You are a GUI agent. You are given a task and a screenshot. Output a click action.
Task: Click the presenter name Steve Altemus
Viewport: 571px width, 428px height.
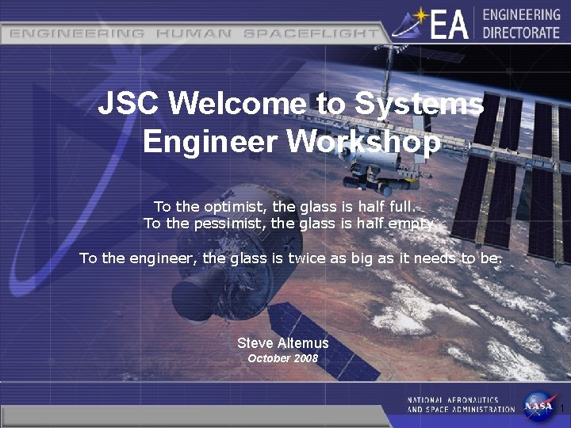282,343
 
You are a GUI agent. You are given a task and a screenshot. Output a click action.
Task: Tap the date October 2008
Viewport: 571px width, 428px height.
282,358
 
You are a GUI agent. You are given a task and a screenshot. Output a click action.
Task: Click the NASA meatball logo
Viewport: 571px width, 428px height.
539,404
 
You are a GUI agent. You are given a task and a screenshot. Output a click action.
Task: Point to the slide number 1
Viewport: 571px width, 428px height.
561,409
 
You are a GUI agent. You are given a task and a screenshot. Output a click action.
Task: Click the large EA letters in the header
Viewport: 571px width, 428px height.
450,24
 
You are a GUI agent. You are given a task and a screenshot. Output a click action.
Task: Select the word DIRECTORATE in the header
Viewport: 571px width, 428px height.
521,32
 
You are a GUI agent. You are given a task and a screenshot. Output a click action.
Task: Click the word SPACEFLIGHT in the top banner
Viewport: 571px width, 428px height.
311,34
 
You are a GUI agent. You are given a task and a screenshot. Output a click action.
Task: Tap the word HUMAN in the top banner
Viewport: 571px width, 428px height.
194,34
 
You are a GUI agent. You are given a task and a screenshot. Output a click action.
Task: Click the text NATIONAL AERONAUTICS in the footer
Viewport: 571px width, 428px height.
453,400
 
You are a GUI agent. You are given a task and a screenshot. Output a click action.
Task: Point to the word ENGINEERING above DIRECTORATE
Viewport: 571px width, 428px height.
521,15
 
